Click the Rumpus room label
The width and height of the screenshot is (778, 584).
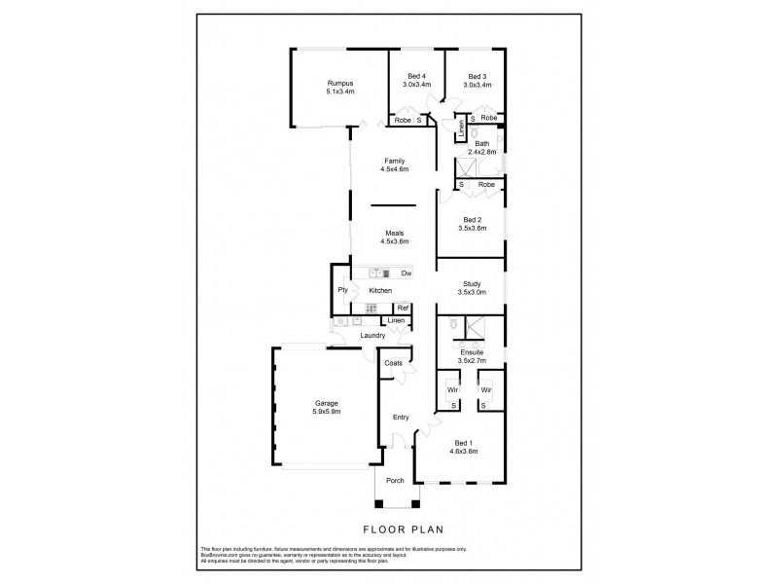pyautogui.click(x=340, y=84)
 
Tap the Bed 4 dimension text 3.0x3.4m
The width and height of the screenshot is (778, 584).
pyautogui.click(x=416, y=85)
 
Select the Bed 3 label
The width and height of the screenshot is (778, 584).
pyautogui.click(x=477, y=77)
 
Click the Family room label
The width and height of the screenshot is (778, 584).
pyautogui.click(x=394, y=162)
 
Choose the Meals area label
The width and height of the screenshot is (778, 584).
pyautogui.click(x=394, y=234)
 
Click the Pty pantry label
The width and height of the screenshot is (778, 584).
pyautogui.click(x=343, y=290)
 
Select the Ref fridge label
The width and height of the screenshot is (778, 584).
pyautogui.click(x=401, y=309)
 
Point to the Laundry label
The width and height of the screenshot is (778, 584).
pyautogui.click(x=372, y=336)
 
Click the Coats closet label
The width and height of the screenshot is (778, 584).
pyautogui.click(x=394, y=363)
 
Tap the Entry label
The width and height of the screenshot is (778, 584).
pyautogui.click(x=401, y=418)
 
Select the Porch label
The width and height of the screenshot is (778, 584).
pyautogui.click(x=396, y=480)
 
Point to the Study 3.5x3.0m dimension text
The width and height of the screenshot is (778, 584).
pyautogui.click(x=472, y=292)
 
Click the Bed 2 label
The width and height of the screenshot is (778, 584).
pyautogui.click(x=472, y=220)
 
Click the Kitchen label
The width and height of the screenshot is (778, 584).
pyautogui.click(x=380, y=291)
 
